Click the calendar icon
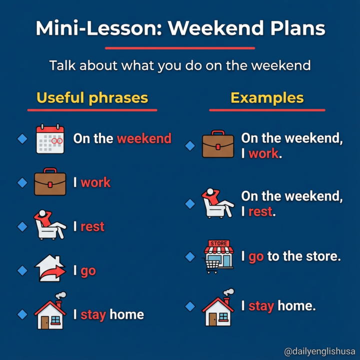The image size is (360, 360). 50,138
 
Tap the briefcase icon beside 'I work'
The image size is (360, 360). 50,183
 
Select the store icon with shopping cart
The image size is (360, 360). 219,256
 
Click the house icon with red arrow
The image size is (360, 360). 50,270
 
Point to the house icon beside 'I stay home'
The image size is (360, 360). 50,313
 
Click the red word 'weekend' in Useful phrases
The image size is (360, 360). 144,138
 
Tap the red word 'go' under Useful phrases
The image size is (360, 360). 88,271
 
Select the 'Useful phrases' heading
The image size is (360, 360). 92,97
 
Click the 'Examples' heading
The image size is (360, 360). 267,97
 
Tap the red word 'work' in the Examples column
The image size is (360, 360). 263,154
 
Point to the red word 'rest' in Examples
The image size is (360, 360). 260,211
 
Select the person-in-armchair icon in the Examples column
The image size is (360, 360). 217,203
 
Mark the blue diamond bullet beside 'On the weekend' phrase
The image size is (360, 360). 22,138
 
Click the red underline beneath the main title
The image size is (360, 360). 180,48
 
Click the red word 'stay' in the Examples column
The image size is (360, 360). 261,305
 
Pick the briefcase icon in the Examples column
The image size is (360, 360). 218,145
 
